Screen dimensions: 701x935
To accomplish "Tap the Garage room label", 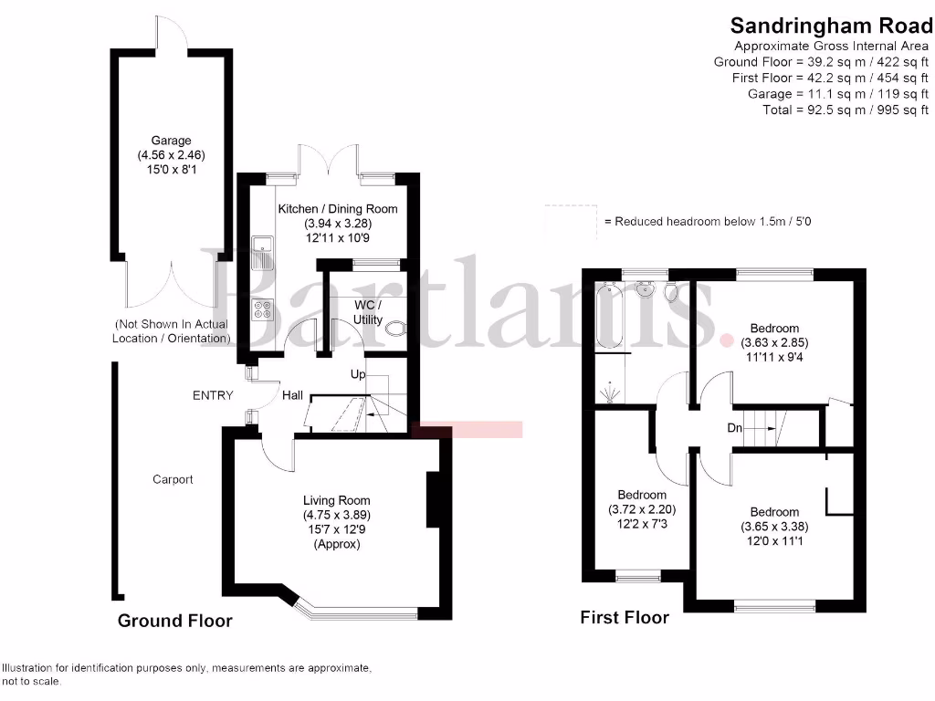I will tap(172, 141).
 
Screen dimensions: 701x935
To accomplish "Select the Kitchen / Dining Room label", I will tap(338, 209).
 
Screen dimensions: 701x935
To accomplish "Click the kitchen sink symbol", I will tap(262, 250).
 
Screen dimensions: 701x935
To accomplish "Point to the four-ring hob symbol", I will tap(262, 310).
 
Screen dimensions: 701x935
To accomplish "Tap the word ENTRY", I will tap(213, 395).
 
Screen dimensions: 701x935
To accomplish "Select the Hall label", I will tap(292, 395).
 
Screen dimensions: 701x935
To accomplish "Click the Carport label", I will tap(173, 479).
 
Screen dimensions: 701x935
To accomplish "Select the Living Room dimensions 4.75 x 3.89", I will tap(337, 515).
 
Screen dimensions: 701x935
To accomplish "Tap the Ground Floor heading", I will tap(174, 622).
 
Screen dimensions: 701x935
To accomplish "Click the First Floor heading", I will tap(625, 618).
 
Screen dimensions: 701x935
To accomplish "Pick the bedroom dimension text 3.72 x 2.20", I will tap(642, 509).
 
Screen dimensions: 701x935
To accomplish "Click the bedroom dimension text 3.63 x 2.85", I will tap(774, 343).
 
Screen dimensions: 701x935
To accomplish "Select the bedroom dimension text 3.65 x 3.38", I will tap(774, 527).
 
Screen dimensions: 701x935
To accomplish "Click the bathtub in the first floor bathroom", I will tap(608, 318).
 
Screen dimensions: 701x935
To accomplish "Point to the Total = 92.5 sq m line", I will tap(845, 110).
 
